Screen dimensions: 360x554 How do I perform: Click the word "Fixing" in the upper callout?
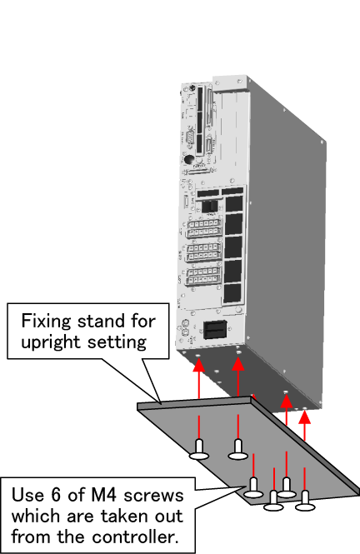point(47,321)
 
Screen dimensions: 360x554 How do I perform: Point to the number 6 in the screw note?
point(56,495)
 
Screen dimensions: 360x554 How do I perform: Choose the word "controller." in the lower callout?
point(134,537)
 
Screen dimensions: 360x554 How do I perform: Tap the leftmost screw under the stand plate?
point(199,450)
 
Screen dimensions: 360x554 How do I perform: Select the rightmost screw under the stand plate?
point(305,501)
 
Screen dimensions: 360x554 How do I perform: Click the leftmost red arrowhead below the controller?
point(199,365)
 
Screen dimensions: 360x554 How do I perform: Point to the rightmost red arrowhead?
point(304,417)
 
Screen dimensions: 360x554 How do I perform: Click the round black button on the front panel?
point(190,159)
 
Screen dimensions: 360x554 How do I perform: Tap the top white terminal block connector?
point(204,228)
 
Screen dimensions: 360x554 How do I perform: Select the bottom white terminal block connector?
point(204,276)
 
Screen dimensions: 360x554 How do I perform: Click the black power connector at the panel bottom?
point(215,329)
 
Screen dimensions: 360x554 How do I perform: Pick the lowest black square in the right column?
point(232,293)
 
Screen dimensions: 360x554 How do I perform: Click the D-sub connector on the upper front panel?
point(190,137)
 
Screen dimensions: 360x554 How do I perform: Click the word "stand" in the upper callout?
point(102,321)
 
